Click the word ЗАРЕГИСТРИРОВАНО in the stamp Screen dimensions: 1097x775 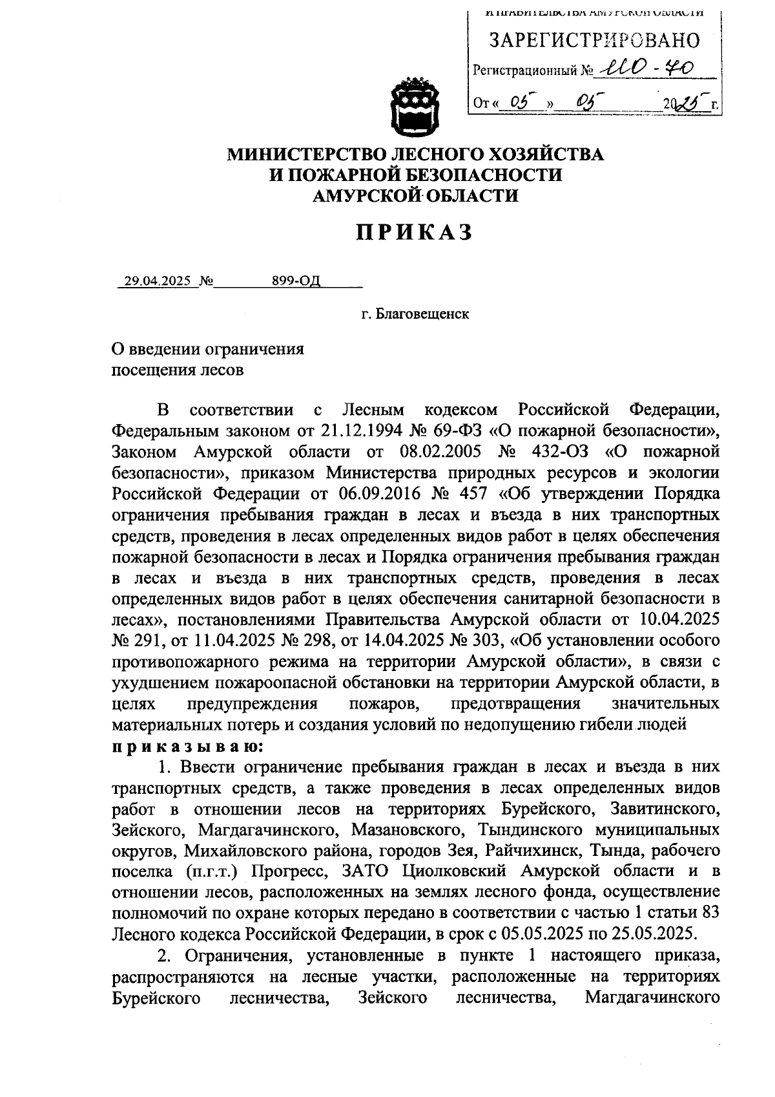point(594,41)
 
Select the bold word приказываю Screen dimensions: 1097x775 point(187,747)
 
